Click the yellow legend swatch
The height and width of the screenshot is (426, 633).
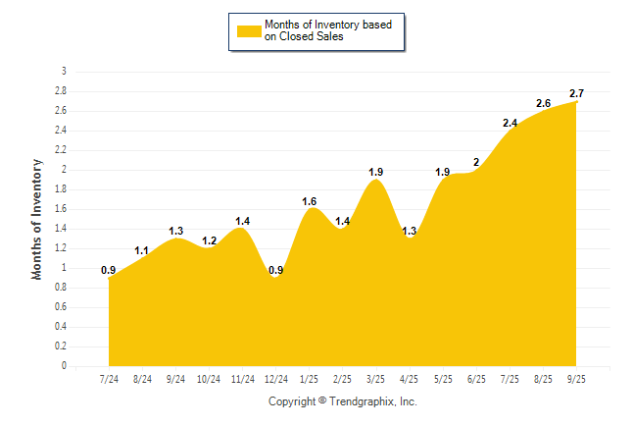click(249, 30)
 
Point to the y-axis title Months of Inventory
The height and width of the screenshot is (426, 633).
click(37, 218)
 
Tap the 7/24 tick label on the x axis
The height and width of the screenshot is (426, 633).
click(109, 378)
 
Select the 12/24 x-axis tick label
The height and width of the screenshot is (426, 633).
click(275, 378)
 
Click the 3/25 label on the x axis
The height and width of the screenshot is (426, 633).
click(375, 378)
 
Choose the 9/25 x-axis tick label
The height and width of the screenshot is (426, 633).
click(577, 378)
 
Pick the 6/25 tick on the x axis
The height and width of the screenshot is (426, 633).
click(476, 378)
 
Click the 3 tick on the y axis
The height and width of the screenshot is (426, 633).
click(64, 72)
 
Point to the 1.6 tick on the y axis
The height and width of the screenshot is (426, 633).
click(61, 209)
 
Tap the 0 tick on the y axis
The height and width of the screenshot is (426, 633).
click(64, 366)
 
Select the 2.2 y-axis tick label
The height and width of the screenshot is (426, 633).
click(61, 150)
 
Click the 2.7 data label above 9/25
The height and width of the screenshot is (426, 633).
click(577, 93)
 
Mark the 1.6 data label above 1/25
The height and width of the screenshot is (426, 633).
click(310, 200)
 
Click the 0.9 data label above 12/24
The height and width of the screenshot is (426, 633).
click(275, 270)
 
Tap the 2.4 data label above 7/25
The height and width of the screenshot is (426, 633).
click(511, 123)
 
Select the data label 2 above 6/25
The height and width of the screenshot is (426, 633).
click(476, 162)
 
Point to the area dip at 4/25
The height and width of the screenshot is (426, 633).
click(410, 240)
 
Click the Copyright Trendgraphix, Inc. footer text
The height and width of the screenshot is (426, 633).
click(343, 401)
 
